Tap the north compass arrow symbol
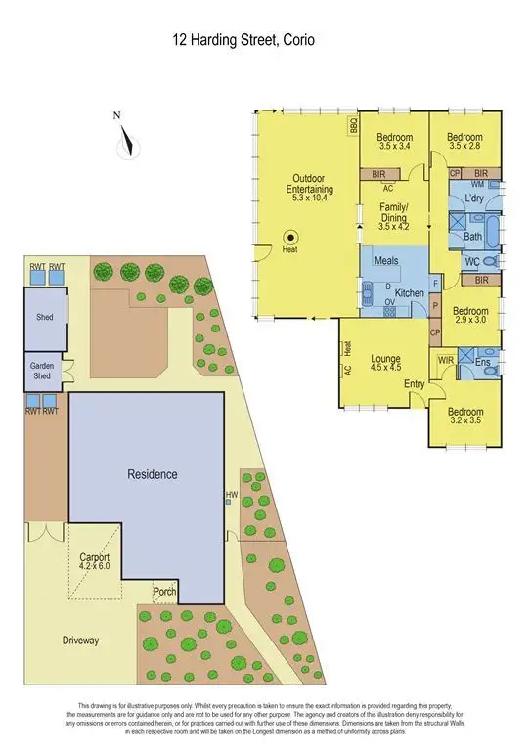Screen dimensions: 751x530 point(123,144)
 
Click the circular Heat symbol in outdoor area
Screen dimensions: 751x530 point(290,236)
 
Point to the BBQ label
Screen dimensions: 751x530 point(353,126)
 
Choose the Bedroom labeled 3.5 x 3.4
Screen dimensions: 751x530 point(394,142)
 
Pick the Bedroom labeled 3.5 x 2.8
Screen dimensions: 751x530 point(465,142)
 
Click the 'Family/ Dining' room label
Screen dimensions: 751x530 point(393,214)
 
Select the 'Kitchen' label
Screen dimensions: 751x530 point(408,293)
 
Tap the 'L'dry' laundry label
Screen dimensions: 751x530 point(474,199)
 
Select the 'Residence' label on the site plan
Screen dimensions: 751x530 point(153,474)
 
